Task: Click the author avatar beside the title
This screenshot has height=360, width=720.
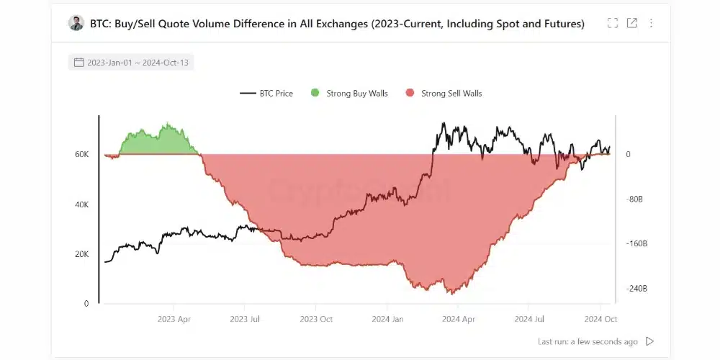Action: tap(76, 23)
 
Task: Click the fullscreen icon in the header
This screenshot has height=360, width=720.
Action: tap(613, 23)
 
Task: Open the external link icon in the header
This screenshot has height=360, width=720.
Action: tap(632, 23)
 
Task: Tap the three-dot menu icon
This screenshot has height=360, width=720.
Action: tap(652, 23)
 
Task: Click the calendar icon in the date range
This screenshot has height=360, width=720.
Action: tap(79, 63)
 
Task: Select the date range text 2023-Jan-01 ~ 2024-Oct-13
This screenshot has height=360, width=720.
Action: tap(138, 63)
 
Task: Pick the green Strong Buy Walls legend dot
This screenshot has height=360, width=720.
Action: tap(315, 93)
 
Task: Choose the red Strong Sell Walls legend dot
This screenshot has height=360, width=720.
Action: tap(410, 93)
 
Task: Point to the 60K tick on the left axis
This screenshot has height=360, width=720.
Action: tap(81, 155)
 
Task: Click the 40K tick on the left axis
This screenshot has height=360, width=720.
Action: tap(81, 204)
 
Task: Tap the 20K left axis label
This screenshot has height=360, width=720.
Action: tap(81, 254)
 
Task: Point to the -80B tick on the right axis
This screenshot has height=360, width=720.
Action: tap(634, 199)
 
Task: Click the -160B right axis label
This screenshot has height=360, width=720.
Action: tap(636, 244)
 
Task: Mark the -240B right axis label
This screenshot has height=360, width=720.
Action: tap(636, 289)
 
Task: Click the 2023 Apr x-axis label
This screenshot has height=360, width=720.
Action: tap(174, 318)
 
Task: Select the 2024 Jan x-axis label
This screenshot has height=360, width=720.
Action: tap(387, 318)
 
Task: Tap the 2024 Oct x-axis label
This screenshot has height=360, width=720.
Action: tap(600, 318)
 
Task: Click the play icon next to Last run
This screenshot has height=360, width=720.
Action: tap(650, 341)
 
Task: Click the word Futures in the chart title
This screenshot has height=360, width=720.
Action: tap(555, 24)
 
